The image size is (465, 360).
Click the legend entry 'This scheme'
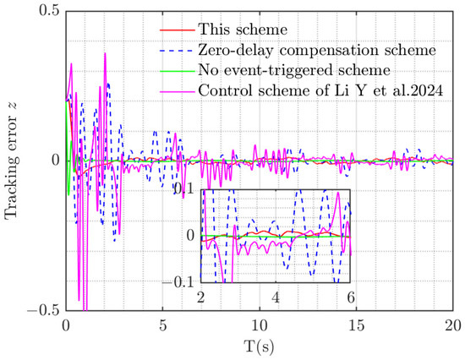[x=243, y=30]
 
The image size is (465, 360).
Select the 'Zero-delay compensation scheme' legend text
[x=317, y=50]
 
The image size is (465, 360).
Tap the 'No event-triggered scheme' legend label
[x=294, y=70]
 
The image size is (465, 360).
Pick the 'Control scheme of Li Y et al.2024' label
[x=320, y=90]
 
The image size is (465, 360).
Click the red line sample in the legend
[x=178, y=30]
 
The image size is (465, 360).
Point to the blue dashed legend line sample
[x=178, y=51]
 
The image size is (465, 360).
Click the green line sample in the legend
[x=178, y=71]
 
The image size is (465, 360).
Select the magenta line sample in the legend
[x=178, y=91]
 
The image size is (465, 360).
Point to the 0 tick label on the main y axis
[x=56, y=161]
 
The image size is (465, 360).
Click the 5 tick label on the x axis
[x=162, y=325]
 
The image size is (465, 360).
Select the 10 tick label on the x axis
[x=260, y=325]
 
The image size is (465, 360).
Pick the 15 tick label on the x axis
[x=356, y=325]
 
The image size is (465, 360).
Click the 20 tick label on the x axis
[x=453, y=325]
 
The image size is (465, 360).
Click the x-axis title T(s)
[x=260, y=346]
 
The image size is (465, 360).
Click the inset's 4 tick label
[x=276, y=297]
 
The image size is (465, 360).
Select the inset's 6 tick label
[x=351, y=297]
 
